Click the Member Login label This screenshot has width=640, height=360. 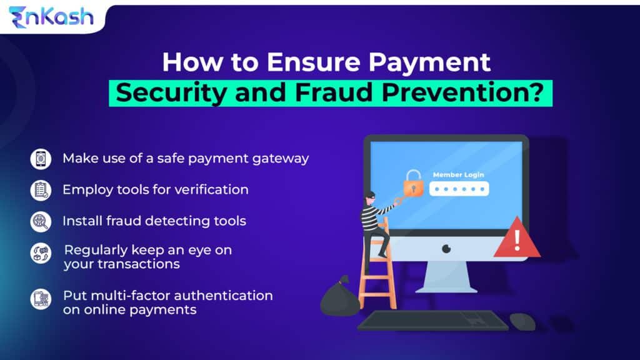[458, 175]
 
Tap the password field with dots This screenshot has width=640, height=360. [459, 189]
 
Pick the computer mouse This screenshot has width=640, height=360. [522, 322]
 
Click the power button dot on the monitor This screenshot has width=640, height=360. [446, 248]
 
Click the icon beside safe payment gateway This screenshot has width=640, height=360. [41, 159]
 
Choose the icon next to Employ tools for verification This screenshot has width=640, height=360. [41, 190]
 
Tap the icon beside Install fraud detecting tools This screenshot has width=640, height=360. [41, 221]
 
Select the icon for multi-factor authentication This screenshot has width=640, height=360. [41, 300]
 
